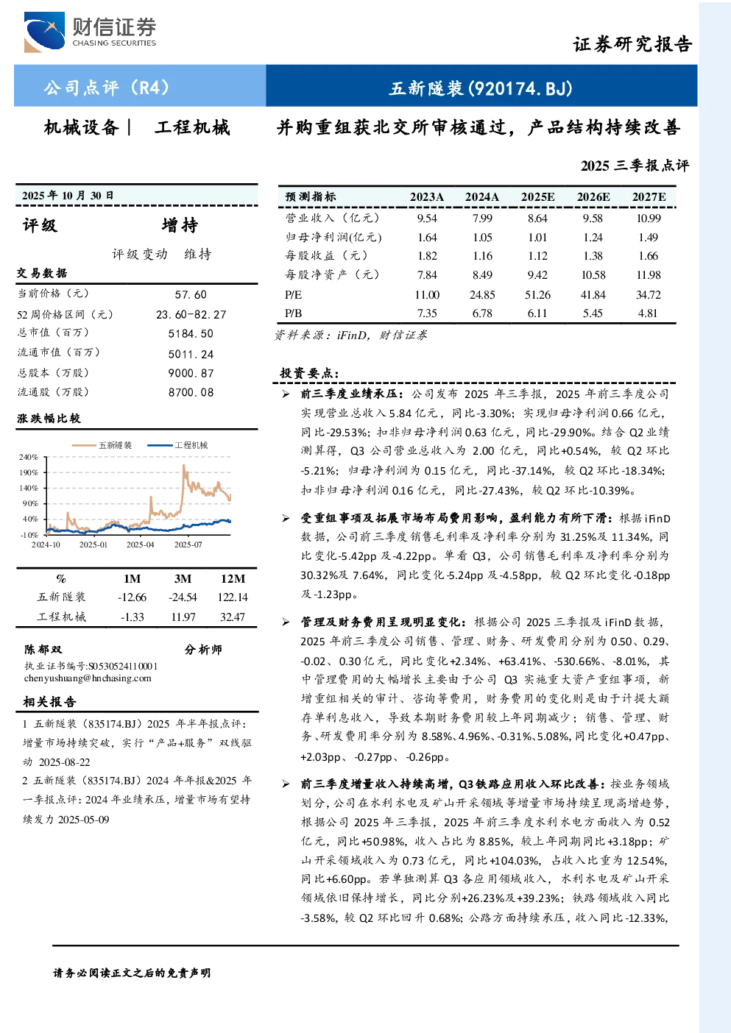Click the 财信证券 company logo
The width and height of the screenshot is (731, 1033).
pos(91,32)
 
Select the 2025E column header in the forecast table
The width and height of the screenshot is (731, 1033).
pos(537,197)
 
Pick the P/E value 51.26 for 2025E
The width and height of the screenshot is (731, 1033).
pos(537,295)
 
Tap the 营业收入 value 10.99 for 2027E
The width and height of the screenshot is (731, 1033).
pos(649,218)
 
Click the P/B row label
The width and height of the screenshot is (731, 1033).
pos(294,313)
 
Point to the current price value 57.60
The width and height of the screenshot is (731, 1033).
pos(191,295)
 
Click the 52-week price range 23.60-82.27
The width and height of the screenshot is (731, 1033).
pos(191,314)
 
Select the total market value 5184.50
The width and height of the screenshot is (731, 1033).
pos(191,334)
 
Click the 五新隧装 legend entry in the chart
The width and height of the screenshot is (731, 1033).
pos(102,445)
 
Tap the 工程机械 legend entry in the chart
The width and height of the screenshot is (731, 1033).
pos(177,445)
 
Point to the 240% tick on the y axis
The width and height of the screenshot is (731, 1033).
pos(29,457)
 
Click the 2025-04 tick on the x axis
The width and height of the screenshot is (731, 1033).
pos(141,544)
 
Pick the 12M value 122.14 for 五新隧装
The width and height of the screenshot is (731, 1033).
pos(233,597)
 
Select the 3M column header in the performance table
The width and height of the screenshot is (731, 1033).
pos(183,579)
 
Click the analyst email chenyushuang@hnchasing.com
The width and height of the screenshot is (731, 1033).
pos(88,678)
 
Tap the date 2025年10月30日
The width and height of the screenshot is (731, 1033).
pos(68,196)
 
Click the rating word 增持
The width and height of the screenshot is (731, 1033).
pos(180,225)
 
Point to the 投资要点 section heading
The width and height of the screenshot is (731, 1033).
pos(310,373)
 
